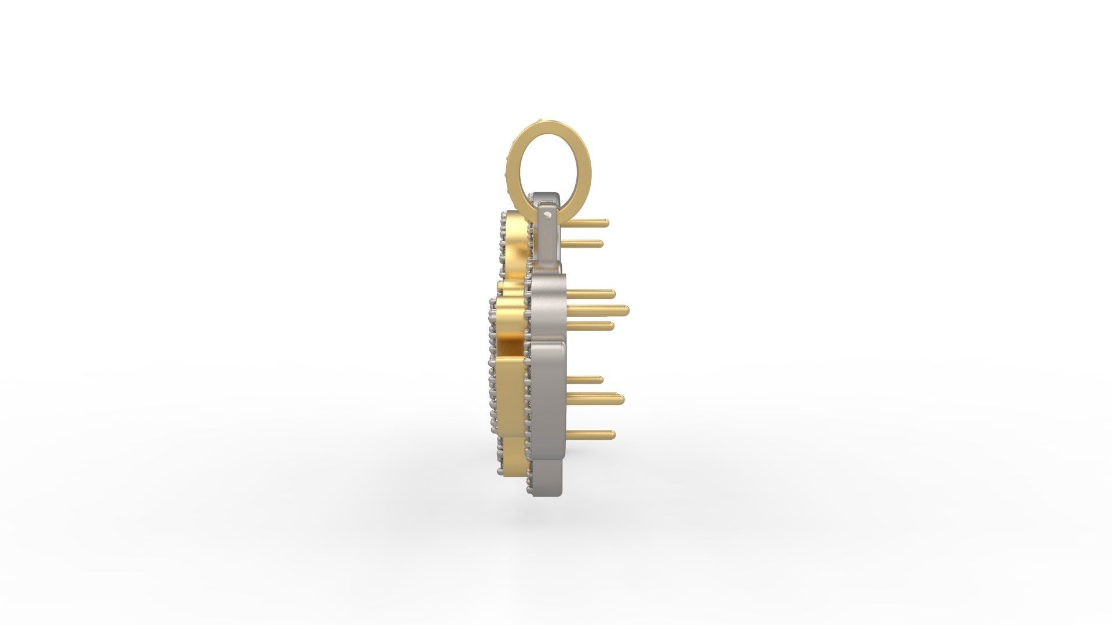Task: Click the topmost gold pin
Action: pyautogui.click(x=585, y=222)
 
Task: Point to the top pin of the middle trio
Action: pyautogui.click(x=591, y=294)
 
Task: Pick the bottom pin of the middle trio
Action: pyautogui.click(x=591, y=327)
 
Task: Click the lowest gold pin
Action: pyautogui.click(x=591, y=433)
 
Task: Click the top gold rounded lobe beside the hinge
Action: pyautogui.click(x=515, y=237)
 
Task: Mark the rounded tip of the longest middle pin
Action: pyautogui.click(x=625, y=310)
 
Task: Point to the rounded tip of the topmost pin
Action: pyautogui.click(x=605, y=222)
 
